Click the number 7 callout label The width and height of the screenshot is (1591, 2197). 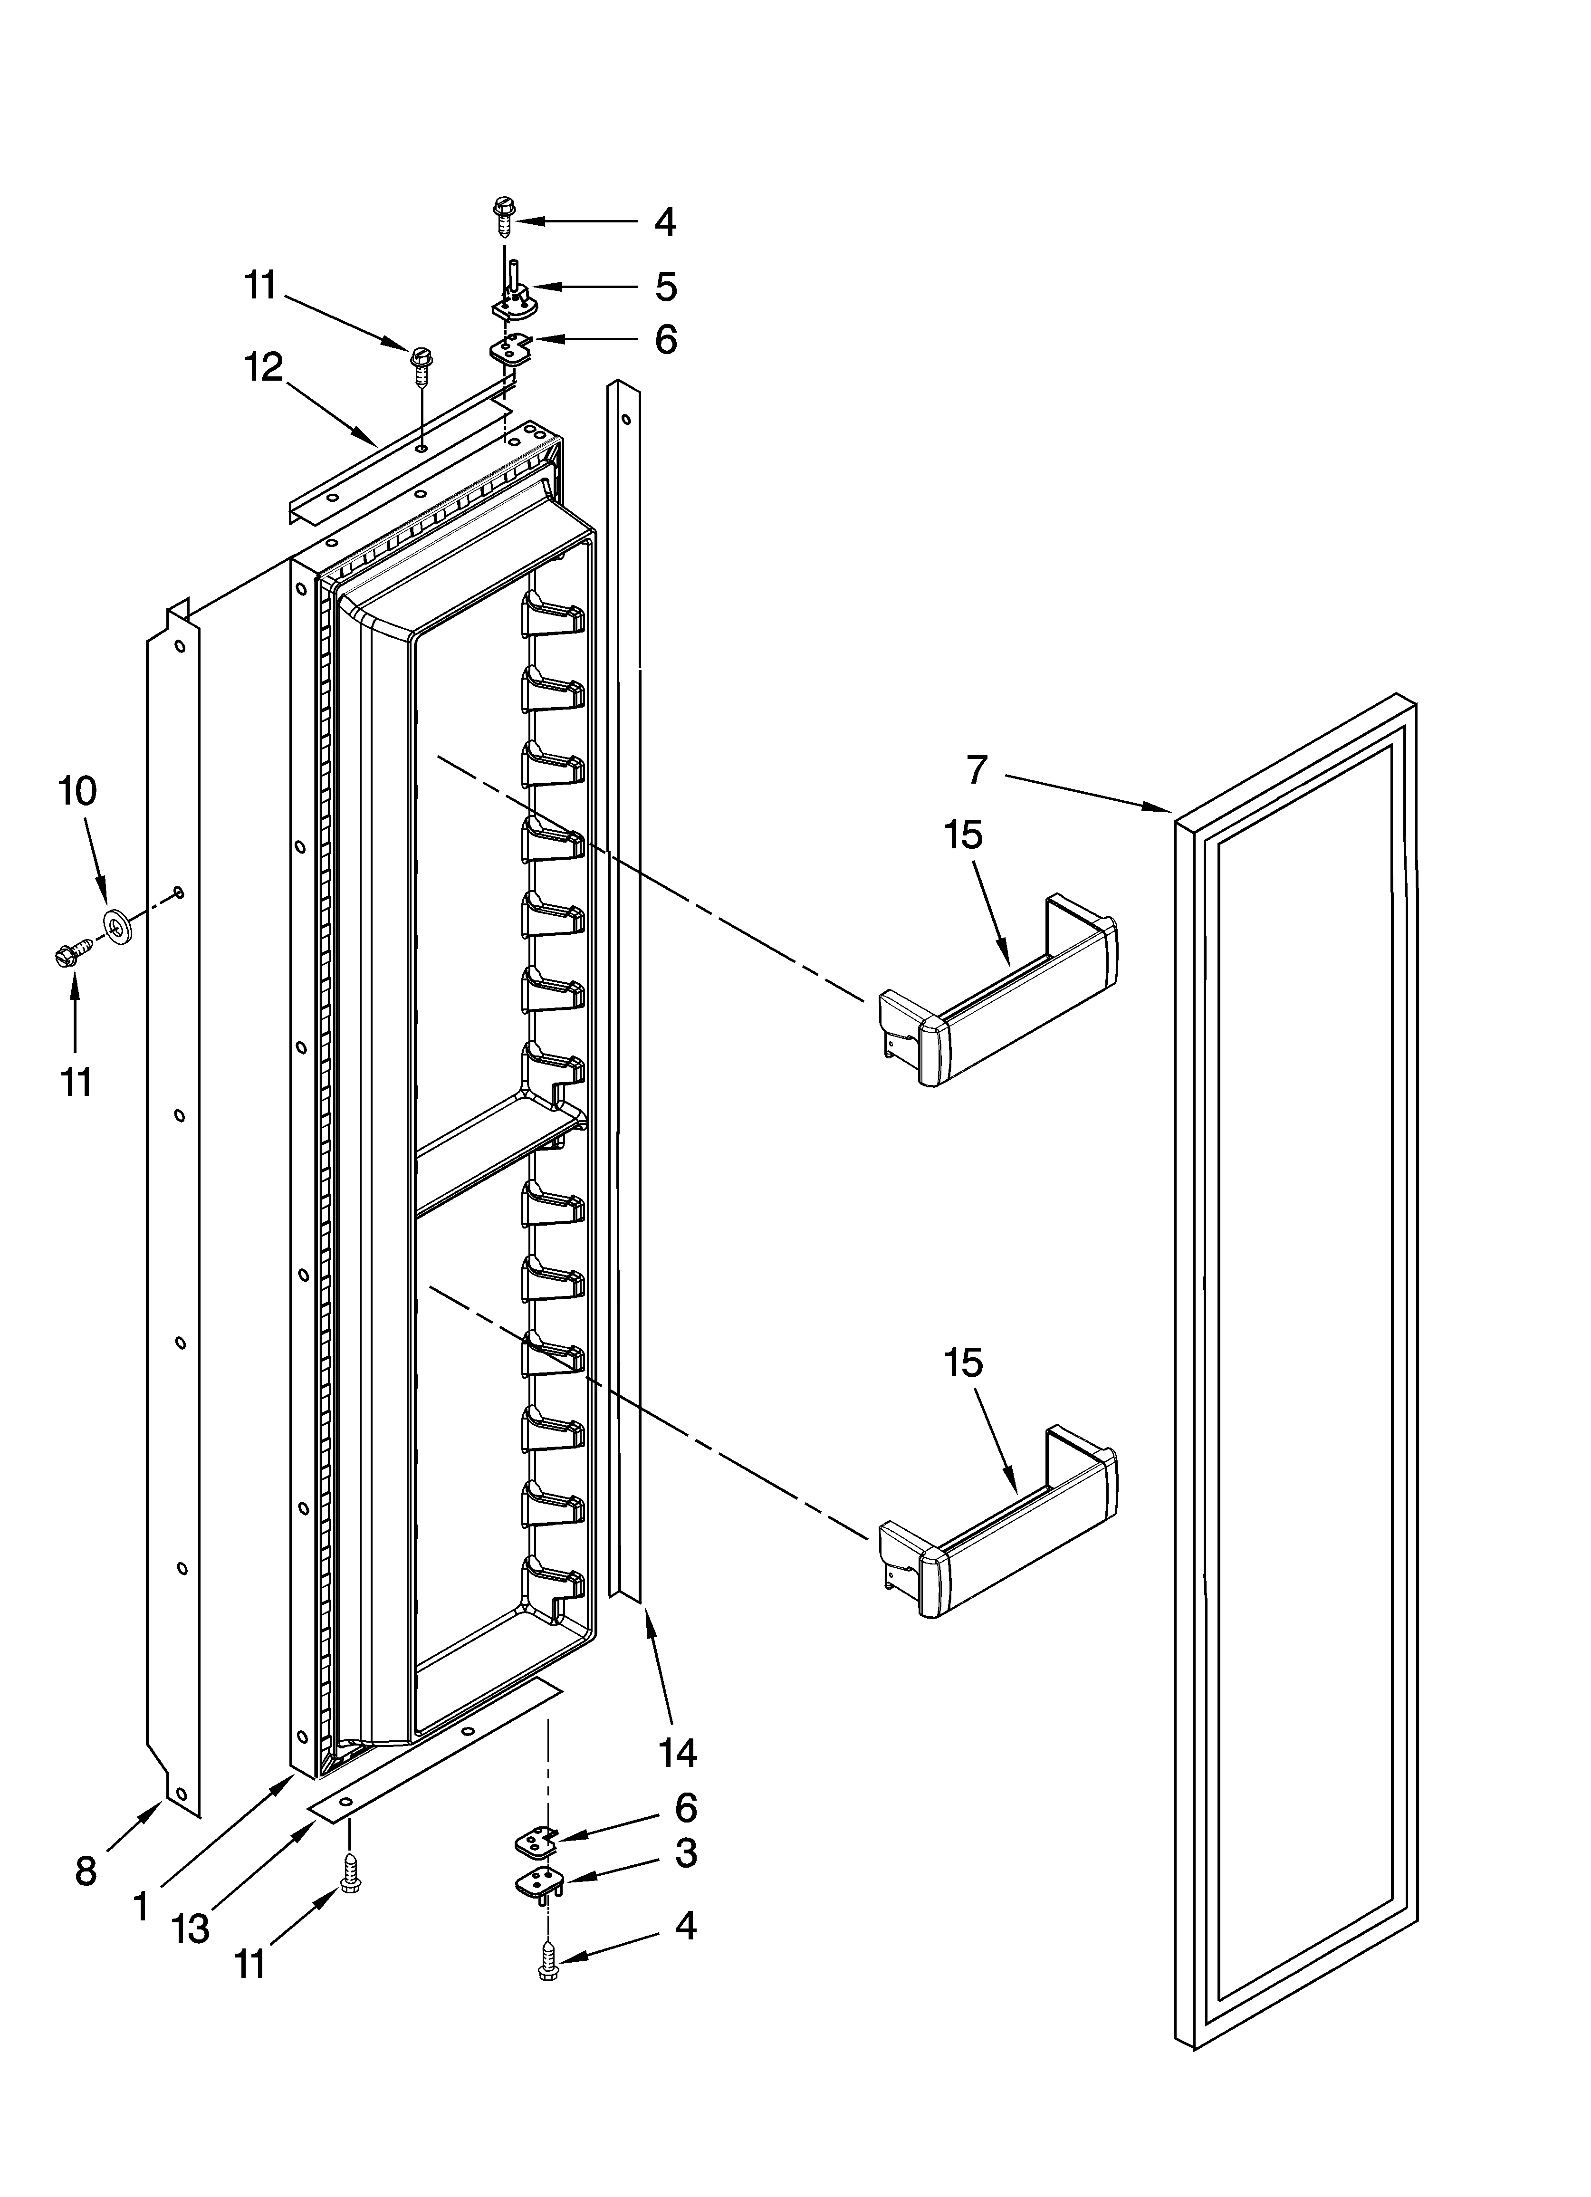pos(977,770)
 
